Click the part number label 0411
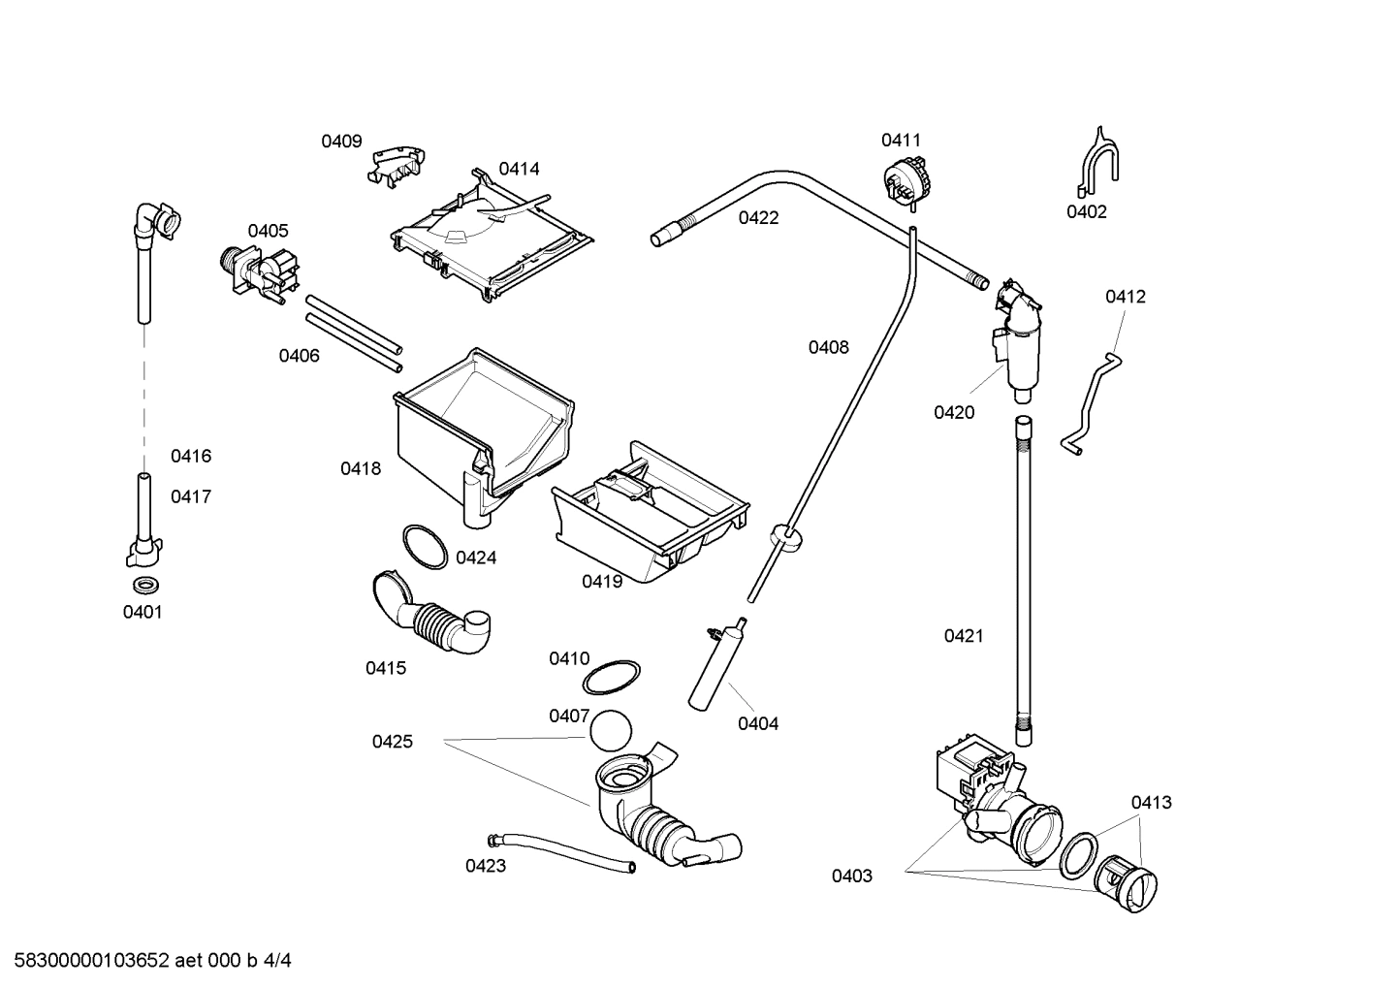point(901,141)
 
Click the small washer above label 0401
point(145,585)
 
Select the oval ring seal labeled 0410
point(616,676)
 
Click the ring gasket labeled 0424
point(424,545)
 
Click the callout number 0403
point(851,876)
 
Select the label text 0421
point(964,636)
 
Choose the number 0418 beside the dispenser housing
point(361,469)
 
